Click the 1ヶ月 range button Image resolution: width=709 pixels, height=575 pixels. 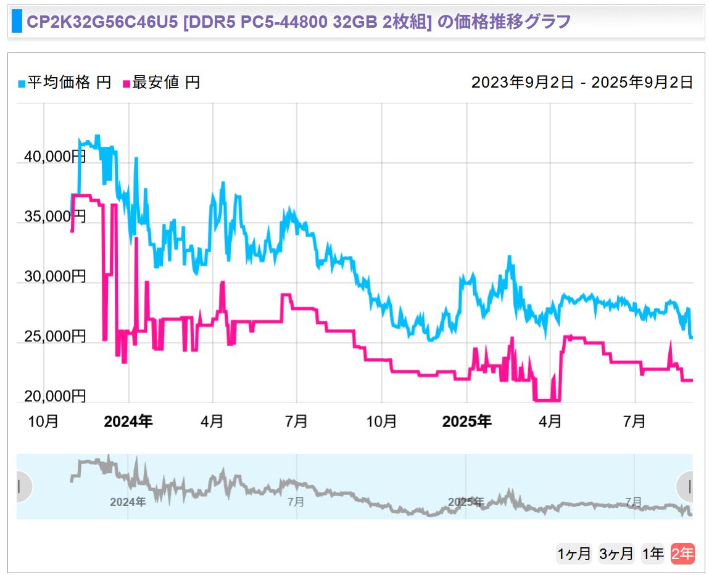pos(574,554)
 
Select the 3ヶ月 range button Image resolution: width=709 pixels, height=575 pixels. pos(616,554)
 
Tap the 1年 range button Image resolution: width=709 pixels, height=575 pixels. pos(653,554)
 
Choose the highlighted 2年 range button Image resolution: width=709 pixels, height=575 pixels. pos(682,554)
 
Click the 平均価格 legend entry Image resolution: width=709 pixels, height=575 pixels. pos(65,83)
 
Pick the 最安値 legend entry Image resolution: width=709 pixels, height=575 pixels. pos(162,83)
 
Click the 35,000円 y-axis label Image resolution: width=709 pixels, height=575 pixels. pos(55,217)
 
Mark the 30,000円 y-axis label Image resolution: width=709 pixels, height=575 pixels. pos(55,276)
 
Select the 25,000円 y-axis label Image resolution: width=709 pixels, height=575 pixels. pos(55,336)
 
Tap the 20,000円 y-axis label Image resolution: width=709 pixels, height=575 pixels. pos(55,395)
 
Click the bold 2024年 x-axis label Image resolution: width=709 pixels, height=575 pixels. pos(128,422)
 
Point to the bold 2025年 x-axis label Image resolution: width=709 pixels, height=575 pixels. pos(467,422)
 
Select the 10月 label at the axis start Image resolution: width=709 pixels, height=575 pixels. pos(44,422)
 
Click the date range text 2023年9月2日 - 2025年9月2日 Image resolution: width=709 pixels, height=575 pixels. pos(582,83)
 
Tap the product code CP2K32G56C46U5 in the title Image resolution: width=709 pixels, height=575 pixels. pos(99,22)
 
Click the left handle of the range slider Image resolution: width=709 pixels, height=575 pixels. pos(20,487)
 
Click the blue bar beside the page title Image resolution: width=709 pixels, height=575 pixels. pos(17,22)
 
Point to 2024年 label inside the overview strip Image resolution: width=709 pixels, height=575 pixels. pos(128,502)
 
